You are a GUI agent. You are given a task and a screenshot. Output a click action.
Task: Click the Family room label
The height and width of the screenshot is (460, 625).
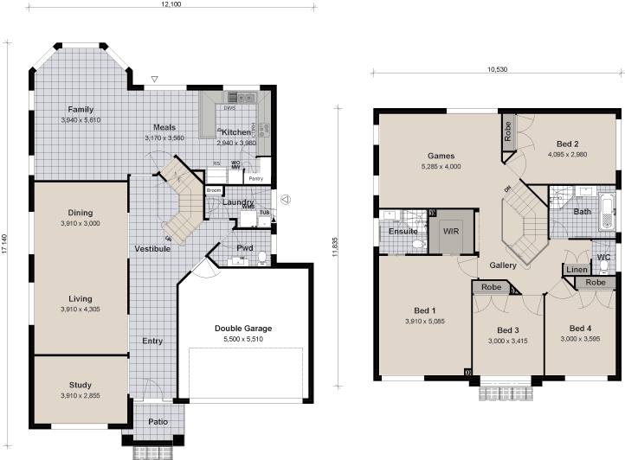(81, 110)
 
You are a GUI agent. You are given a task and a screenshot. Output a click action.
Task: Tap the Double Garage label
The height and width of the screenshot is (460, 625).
(243, 329)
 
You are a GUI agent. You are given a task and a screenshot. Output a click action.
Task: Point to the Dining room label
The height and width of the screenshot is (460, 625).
(81, 212)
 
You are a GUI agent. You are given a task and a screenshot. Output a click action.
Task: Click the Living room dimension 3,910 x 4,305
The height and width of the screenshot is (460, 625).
(81, 310)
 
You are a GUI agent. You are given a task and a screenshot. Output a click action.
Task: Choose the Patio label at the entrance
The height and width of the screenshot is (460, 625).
(158, 423)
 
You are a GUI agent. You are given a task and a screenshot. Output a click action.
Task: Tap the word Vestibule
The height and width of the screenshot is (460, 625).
(152, 249)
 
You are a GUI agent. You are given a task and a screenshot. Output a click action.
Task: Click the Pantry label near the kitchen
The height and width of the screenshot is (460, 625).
(255, 179)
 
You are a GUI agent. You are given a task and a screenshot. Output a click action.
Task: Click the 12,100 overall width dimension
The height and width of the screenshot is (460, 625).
(171, 5)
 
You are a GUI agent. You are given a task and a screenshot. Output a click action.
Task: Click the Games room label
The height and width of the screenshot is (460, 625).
(441, 156)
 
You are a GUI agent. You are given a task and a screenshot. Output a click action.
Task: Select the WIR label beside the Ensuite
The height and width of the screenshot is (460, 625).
(450, 232)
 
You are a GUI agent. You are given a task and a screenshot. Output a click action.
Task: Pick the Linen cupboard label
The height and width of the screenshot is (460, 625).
(576, 271)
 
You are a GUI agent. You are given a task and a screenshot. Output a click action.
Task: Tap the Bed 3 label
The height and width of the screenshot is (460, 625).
(508, 330)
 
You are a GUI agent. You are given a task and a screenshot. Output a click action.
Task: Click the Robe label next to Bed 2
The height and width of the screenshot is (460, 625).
(507, 131)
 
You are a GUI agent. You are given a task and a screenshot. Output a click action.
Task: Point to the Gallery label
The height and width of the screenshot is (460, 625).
(503, 265)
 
